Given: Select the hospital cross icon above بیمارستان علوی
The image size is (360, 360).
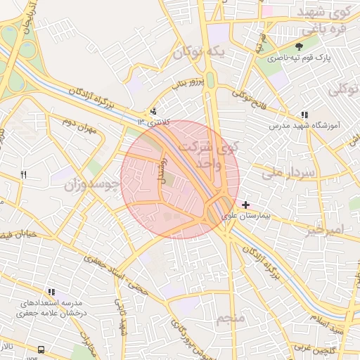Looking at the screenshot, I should pyautogui.click(x=245, y=205).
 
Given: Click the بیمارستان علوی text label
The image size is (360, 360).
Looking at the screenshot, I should pyautogui.click(x=246, y=217).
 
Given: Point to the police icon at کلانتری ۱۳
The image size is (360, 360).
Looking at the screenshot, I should pyautogui.click(x=154, y=111).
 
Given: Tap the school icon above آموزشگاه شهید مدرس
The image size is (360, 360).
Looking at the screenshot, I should pyautogui.click(x=304, y=115).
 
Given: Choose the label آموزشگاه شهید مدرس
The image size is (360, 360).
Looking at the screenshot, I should pyautogui.click(x=306, y=127).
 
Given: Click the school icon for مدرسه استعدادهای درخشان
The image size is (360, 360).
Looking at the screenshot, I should pyautogui.click(x=51, y=292).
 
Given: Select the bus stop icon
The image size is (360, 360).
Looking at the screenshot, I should pyautogui.click(x=41, y=349).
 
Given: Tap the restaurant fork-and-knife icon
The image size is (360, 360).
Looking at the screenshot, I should pyautogui.click(x=23, y=175).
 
